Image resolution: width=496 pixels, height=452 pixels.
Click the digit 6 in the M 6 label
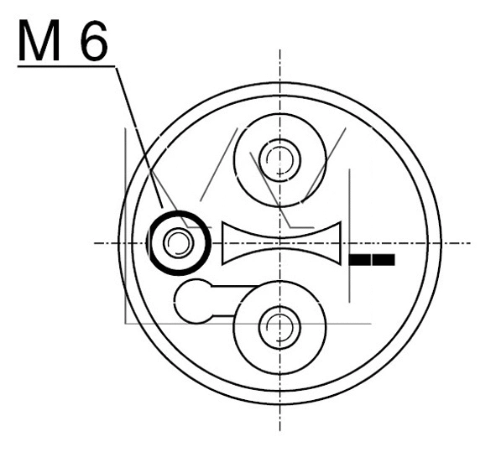tap(91, 42)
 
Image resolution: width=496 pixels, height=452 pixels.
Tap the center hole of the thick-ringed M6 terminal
tap(177, 243)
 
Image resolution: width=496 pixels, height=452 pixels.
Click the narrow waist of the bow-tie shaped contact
tap(280, 243)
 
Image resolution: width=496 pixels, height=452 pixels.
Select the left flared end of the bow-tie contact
tap(225, 243)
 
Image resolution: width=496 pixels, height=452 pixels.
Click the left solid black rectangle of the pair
tap(359, 260)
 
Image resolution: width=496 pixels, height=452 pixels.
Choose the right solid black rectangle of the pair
tap(384, 260)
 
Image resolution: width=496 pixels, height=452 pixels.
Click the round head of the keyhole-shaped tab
tap(195, 300)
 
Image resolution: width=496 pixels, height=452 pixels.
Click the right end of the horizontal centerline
tap(479, 243)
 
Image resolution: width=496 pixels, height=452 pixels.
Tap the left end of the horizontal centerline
tap(94, 243)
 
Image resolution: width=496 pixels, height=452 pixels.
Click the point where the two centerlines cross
tap(280, 243)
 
